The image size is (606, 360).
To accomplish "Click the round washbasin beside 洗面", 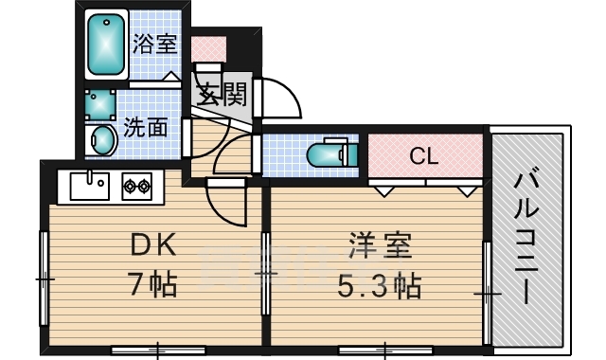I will [x=101, y=142].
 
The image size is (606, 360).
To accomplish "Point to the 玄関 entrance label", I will [x=223, y=95].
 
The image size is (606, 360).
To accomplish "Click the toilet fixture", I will [x=327, y=153].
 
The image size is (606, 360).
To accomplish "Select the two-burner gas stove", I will [x=136, y=186].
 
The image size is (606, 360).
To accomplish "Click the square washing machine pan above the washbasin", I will [x=100, y=102].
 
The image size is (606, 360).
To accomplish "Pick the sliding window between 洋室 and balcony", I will [x=487, y=294].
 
